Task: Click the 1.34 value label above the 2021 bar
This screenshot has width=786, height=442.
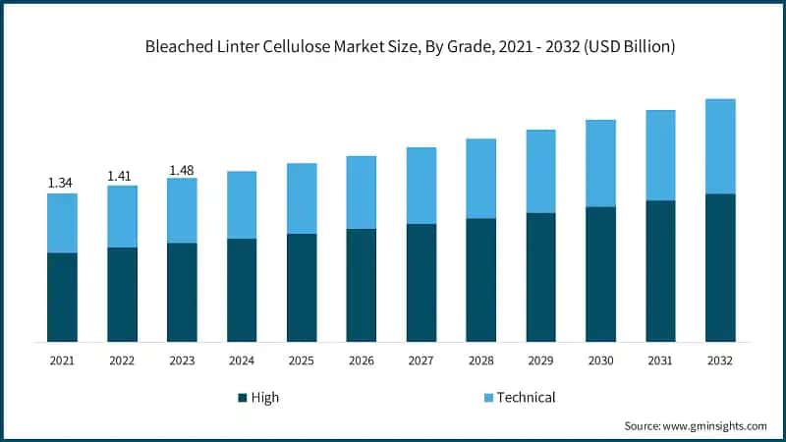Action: click(x=62, y=183)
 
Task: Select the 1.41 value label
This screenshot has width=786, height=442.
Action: click(x=122, y=176)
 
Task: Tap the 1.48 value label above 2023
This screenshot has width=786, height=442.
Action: click(x=182, y=170)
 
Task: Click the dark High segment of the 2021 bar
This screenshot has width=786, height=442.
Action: click(x=62, y=297)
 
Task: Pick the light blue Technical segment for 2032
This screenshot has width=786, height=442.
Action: click(x=720, y=146)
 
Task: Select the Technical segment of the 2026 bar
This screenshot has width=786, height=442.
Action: click(x=362, y=193)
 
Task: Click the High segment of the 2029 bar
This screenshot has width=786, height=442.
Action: click(x=540, y=277)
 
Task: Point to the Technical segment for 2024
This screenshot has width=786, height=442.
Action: click(x=242, y=204)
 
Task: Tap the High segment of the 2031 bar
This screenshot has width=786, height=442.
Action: click(x=660, y=271)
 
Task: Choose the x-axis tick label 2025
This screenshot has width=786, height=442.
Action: click(x=302, y=360)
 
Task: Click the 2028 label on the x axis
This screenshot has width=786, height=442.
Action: click(x=480, y=360)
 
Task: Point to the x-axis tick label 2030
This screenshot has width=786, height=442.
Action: click(x=600, y=360)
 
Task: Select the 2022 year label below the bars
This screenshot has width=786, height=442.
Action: click(x=122, y=360)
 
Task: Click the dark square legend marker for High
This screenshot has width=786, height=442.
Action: click(x=242, y=398)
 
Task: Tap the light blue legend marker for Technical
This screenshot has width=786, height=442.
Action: click(x=485, y=398)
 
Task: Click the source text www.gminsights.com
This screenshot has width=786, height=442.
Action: click(x=713, y=426)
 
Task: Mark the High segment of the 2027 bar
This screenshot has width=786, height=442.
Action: click(x=421, y=283)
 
